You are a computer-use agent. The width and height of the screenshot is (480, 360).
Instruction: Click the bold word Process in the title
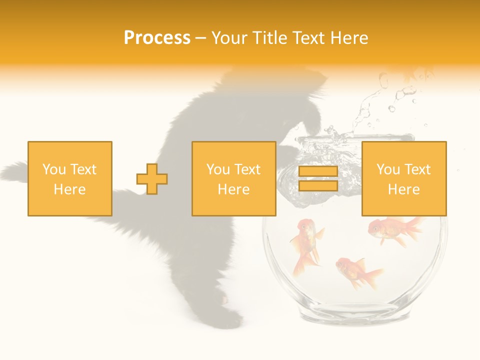157,38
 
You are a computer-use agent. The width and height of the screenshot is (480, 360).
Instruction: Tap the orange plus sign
152,178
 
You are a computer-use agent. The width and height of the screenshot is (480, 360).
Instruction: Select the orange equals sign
318,178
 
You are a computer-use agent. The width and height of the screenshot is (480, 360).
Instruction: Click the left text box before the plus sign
69,178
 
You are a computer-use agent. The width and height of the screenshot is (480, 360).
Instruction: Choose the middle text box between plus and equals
233,178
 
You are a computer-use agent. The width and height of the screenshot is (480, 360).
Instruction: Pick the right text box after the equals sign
403,178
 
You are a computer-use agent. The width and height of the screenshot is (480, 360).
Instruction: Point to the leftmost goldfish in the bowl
306,245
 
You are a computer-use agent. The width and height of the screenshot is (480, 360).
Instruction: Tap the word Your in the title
229,38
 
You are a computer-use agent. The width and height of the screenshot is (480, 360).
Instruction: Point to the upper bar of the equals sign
318,171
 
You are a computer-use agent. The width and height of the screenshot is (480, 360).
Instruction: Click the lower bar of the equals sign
318,186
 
